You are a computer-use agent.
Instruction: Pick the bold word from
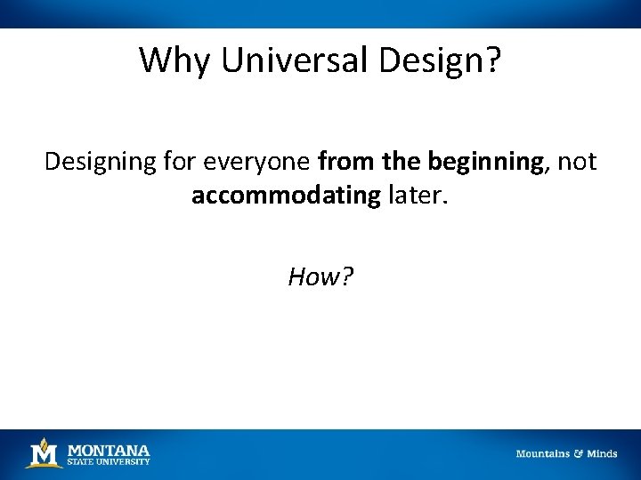point(341,162)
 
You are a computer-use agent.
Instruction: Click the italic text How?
point(320,277)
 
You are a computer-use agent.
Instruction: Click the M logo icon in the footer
point(44,453)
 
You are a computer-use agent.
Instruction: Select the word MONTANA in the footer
point(109,450)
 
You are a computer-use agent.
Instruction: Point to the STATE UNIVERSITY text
point(109,461)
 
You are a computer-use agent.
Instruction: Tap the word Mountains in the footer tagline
point(543,454)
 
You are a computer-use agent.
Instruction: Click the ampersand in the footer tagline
point(579,454)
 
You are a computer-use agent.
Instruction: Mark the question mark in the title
point(492,60)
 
